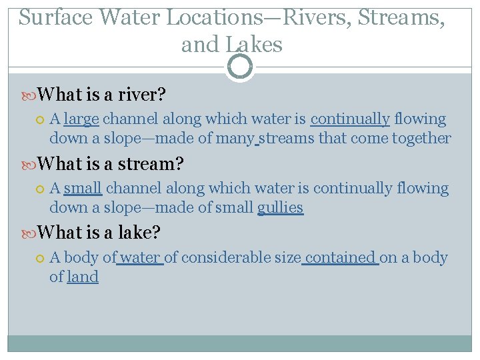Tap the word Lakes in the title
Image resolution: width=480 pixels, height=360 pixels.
(x=254, y=45)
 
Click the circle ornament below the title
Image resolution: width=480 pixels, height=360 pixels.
(x=240, y=67)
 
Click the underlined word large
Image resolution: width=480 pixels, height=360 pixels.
(x=81, y=119)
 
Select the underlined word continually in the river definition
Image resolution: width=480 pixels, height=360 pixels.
(x=350, y=119)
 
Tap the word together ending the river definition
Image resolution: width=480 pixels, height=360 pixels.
(x=420, y=139)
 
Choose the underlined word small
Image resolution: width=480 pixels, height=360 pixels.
(x=83, y=189)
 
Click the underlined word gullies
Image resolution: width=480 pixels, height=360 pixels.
(x=280, y=208)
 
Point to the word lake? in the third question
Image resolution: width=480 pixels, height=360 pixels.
(x=141, y=233)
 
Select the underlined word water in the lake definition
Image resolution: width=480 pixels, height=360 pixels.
(x=141, y=258)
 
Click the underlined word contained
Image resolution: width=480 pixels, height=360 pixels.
(x=341, y=258)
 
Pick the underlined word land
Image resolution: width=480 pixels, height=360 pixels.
(x=83, y=277)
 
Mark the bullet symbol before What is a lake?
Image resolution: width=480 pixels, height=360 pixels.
(x=29, y=233)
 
